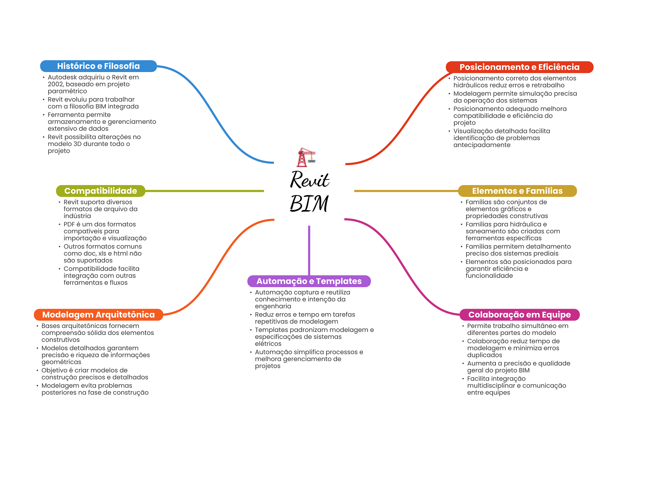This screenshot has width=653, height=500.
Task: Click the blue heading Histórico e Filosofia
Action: [x=98, y=66]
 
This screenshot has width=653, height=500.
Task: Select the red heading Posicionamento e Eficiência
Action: [x=519, y=67]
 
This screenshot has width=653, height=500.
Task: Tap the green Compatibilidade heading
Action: [x=100, y=191]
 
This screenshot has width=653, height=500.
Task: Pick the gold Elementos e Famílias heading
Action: [x=517, y=191]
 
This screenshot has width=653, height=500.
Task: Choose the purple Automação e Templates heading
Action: [x=309, y=281]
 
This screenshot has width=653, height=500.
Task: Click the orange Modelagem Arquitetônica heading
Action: [x=98, y=315]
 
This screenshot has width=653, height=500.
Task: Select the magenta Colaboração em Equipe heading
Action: [x=519, y=315]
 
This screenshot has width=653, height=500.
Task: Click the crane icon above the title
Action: [x=306, y=157]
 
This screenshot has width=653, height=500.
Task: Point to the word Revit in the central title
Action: [x=309, y=180]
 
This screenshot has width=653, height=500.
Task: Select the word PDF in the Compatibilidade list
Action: [x=69, y=224]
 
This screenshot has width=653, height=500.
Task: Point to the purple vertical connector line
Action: [x=309, y=250]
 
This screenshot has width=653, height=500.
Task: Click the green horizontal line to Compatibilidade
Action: [x=204, y=191]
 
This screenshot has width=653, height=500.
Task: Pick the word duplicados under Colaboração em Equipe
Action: [x=484, y=355]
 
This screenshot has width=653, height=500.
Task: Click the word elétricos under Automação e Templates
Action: [x=268, y=344]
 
